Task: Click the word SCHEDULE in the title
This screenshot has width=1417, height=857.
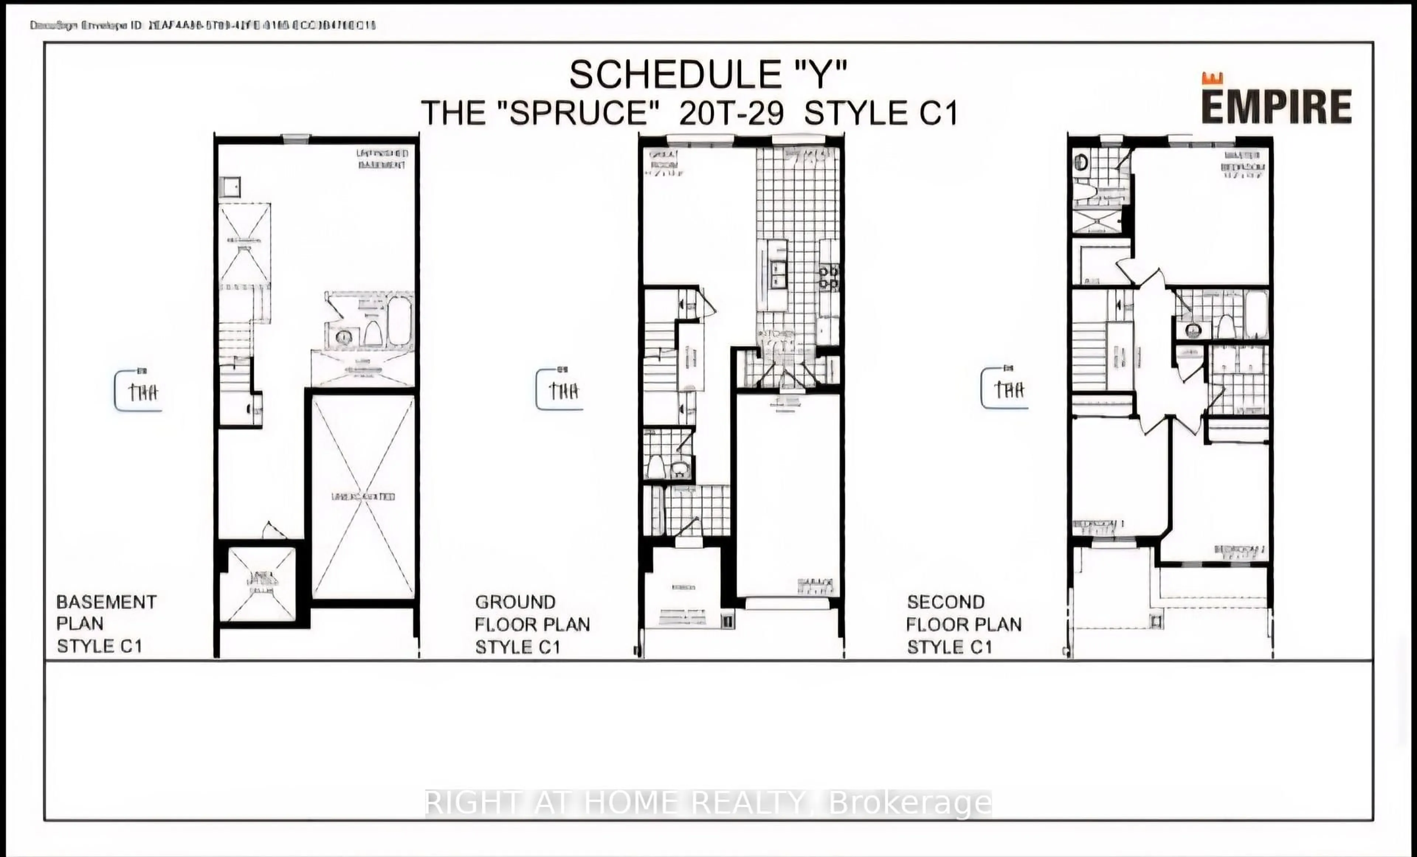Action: (x=670, y=75)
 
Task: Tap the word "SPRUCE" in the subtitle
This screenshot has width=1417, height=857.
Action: (x=577, y=113)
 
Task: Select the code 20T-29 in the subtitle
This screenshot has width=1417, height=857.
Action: (x=731, y=113)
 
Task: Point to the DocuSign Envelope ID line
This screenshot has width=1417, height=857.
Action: (x=203, y=25)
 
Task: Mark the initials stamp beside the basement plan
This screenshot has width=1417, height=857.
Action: (x=138, y=391)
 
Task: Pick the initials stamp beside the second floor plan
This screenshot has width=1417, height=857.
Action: (x=1005, y=389)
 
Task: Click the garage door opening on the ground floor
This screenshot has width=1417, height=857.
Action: (x=788, y=604)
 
